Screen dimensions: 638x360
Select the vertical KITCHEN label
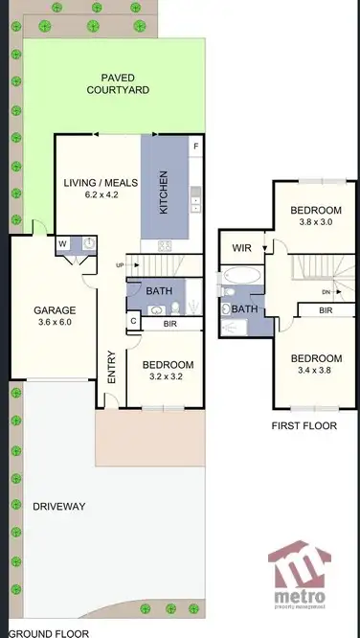[164, 193]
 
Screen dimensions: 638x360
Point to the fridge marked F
[196, 147]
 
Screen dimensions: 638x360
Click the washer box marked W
[62, 243]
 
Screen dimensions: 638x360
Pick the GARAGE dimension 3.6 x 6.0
[53, 322]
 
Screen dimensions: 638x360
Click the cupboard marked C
[133, 321]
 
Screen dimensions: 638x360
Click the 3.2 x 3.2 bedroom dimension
[168, 377]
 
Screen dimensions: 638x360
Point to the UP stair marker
[120, 264]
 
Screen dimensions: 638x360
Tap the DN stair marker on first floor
[326, 291]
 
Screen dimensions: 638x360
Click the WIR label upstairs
[240, 248]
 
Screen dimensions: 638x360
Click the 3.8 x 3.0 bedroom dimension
[316, 223]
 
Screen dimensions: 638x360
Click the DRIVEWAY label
[59, 506]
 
